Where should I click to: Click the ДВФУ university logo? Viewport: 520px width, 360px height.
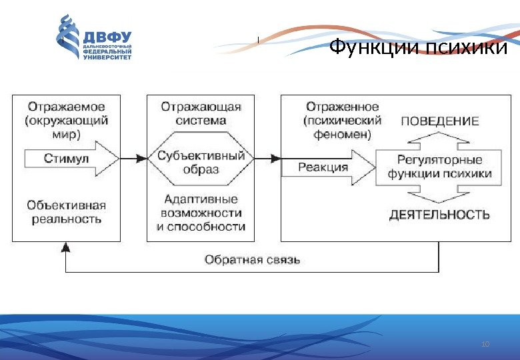tap(93, 37)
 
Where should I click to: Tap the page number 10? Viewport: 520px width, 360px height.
tap(485, 344)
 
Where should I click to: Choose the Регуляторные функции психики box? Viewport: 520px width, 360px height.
tap(439, 167)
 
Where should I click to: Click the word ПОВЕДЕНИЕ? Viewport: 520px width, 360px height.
tap(439, 121)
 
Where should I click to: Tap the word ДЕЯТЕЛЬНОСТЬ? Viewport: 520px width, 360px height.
tap(439, 215)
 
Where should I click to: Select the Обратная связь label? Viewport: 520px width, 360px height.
tap(252, 259)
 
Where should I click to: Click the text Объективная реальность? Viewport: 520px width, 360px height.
tap(67, 212)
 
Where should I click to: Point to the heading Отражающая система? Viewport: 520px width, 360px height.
tap(201, 113)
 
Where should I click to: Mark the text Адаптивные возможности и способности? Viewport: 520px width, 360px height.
tap(201, 212)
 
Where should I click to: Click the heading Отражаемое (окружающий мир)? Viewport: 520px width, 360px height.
tap(67, 120)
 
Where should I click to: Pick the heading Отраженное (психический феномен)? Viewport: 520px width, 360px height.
tap(343, 120)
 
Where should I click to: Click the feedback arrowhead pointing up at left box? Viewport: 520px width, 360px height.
tap(65, 247)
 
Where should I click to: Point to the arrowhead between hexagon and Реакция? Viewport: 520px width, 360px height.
tap(275, 158)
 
